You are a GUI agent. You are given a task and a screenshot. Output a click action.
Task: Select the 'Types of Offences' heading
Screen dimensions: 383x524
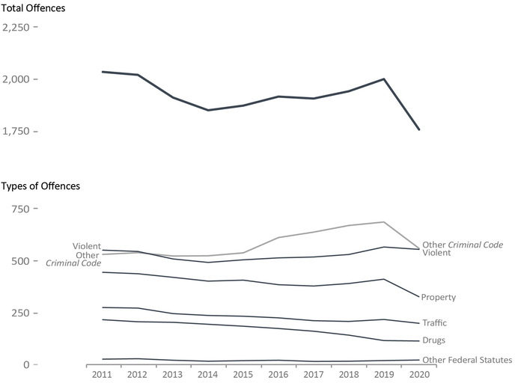pyautogui.click(x=40, y=186)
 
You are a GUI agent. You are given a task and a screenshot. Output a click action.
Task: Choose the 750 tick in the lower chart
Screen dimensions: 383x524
pyautogui.click(x=19, y=209)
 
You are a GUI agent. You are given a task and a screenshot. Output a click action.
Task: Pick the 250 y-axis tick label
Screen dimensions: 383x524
pyautogui.click(x=19, y=313)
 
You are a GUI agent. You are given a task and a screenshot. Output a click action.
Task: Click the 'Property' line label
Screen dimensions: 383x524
pyautogui.click(x=439, y=298)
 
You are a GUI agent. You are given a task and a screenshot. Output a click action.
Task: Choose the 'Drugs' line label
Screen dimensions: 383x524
pyautogui.click(x=433, y=341)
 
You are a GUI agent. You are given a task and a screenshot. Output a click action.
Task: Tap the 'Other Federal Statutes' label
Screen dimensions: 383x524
pyautogui.click(x=467, y=361)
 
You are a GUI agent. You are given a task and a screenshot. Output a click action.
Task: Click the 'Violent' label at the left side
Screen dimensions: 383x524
pyautogui.click(x=87, y=246)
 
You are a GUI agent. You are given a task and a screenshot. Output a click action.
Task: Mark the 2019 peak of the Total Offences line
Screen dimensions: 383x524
pyautogui.click(x=384, y=79)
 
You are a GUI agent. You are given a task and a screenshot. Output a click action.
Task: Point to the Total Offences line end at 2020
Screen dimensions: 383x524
pyautogui.click(x=419, y=129)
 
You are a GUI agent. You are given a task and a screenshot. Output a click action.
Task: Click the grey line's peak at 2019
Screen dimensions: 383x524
pyautogui.click(x=384, y=222)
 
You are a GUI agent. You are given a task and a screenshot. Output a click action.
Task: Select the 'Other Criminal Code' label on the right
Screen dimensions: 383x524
pyautogui.click(x=463, y=245)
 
